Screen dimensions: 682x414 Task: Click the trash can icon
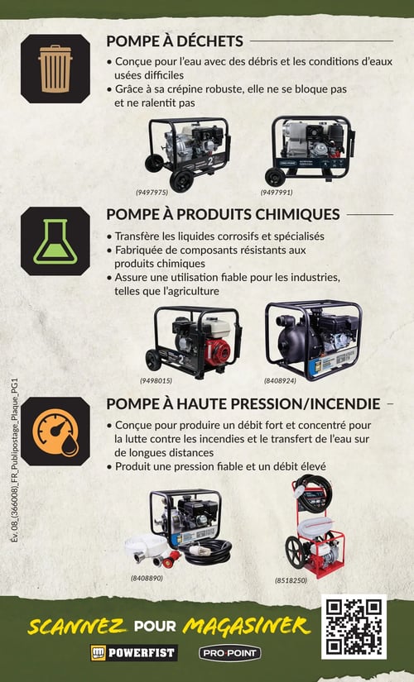[x=55, y=68]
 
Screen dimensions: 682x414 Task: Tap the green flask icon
[x=55, y=241]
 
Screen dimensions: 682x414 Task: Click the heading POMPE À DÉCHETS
[x=175, y=41]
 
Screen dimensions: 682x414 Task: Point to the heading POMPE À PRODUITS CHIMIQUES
[x=223, y=214]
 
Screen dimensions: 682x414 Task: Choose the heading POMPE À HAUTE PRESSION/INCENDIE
[x=243, y=403]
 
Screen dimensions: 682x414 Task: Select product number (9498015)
[x=156, y=381]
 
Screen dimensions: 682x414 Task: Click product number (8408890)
[x=147, y=578]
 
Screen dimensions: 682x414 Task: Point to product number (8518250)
[x=291, y=580]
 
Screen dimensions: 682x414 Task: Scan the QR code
[x=354, y=627]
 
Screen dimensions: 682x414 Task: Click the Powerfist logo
[x=133, y=653]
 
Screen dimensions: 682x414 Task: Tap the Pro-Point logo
[x=230, y=653]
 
